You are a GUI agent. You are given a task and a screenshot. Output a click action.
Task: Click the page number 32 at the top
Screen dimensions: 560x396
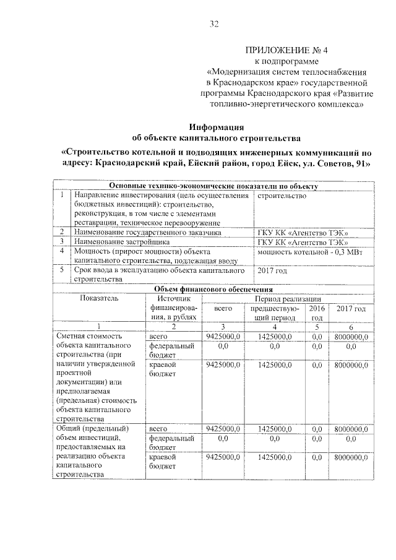click(214, 24)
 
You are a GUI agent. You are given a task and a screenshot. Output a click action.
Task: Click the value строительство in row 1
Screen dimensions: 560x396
click(282, 196)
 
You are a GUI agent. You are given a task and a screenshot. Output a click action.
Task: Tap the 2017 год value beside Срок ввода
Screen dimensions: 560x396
click(272, 270)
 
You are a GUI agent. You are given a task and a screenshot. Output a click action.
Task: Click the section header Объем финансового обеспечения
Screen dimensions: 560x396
click(213, 289)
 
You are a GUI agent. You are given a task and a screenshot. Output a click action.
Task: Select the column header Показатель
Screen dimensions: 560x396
click(98, 298)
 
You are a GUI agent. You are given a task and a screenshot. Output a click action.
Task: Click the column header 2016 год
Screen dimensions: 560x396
click(317, 312)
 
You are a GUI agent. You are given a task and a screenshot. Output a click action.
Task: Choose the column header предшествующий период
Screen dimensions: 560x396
click(275, 312)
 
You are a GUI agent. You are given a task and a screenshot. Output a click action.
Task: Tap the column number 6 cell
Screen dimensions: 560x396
click(351, 327)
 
